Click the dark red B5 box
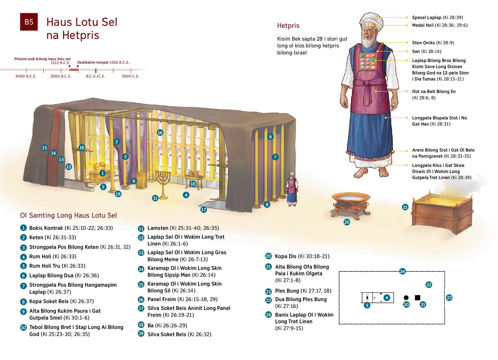click(29, 22)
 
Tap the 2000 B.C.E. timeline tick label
click(61, 76)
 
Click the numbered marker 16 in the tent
click(160, 132)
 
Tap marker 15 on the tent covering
click(45, 148)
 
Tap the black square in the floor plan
click(417, 298)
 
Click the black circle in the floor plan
click(406, 298)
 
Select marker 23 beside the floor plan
click(449, 298)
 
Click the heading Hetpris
click(288, 26)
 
